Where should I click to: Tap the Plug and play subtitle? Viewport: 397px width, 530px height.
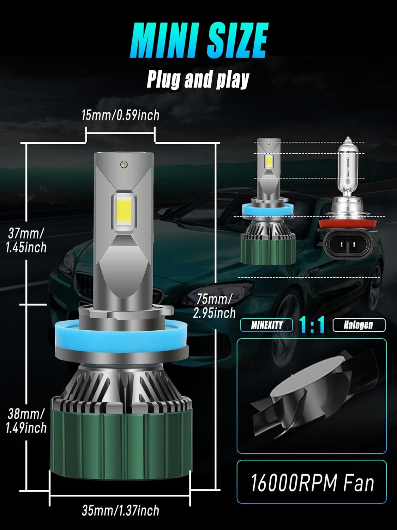[x=198, y=79]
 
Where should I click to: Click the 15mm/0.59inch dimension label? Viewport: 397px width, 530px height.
[x=120, y=115]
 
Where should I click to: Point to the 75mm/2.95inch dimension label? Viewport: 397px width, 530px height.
[x=214, y=306]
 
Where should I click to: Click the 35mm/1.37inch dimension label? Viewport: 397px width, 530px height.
[x=120, y=510]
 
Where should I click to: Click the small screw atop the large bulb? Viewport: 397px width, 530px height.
[x=124, y=164]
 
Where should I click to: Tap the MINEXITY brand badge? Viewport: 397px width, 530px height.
[x=266, y=325]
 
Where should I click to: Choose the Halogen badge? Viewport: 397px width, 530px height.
[x=359, y=325]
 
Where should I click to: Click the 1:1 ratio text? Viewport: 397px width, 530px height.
[x=312, y=325]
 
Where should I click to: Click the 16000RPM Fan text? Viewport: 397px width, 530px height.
[x=312, y=482]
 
